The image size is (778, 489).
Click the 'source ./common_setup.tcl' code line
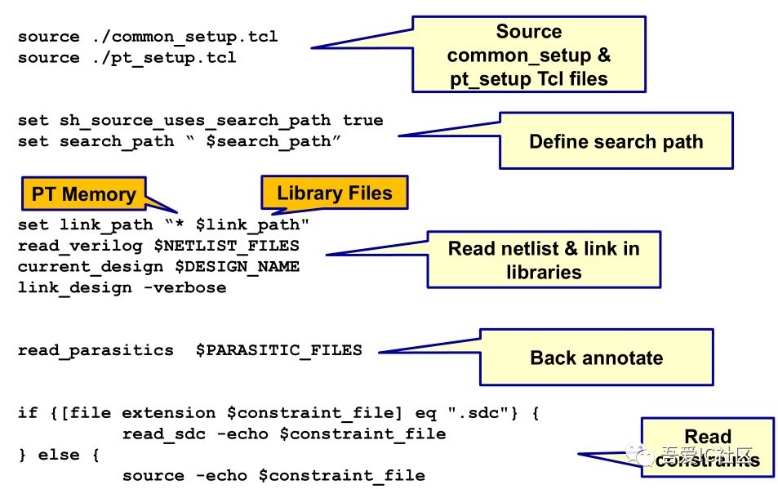pos(148,37)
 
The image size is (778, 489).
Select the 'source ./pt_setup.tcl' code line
pos(127,58)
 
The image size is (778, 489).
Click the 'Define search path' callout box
pos(616,141)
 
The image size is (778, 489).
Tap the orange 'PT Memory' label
pos(83,194)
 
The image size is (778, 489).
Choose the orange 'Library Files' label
pos(334,193)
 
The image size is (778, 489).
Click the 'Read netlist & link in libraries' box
pos(543,260)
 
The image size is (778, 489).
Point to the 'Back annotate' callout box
pos(596,358)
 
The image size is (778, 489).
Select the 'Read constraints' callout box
pos(707,448)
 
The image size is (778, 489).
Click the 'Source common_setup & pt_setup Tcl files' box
pos(528,55)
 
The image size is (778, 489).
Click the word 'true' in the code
pos(362,120)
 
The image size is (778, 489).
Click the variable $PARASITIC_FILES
pos(278,350)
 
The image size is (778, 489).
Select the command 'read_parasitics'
pos(96,350)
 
